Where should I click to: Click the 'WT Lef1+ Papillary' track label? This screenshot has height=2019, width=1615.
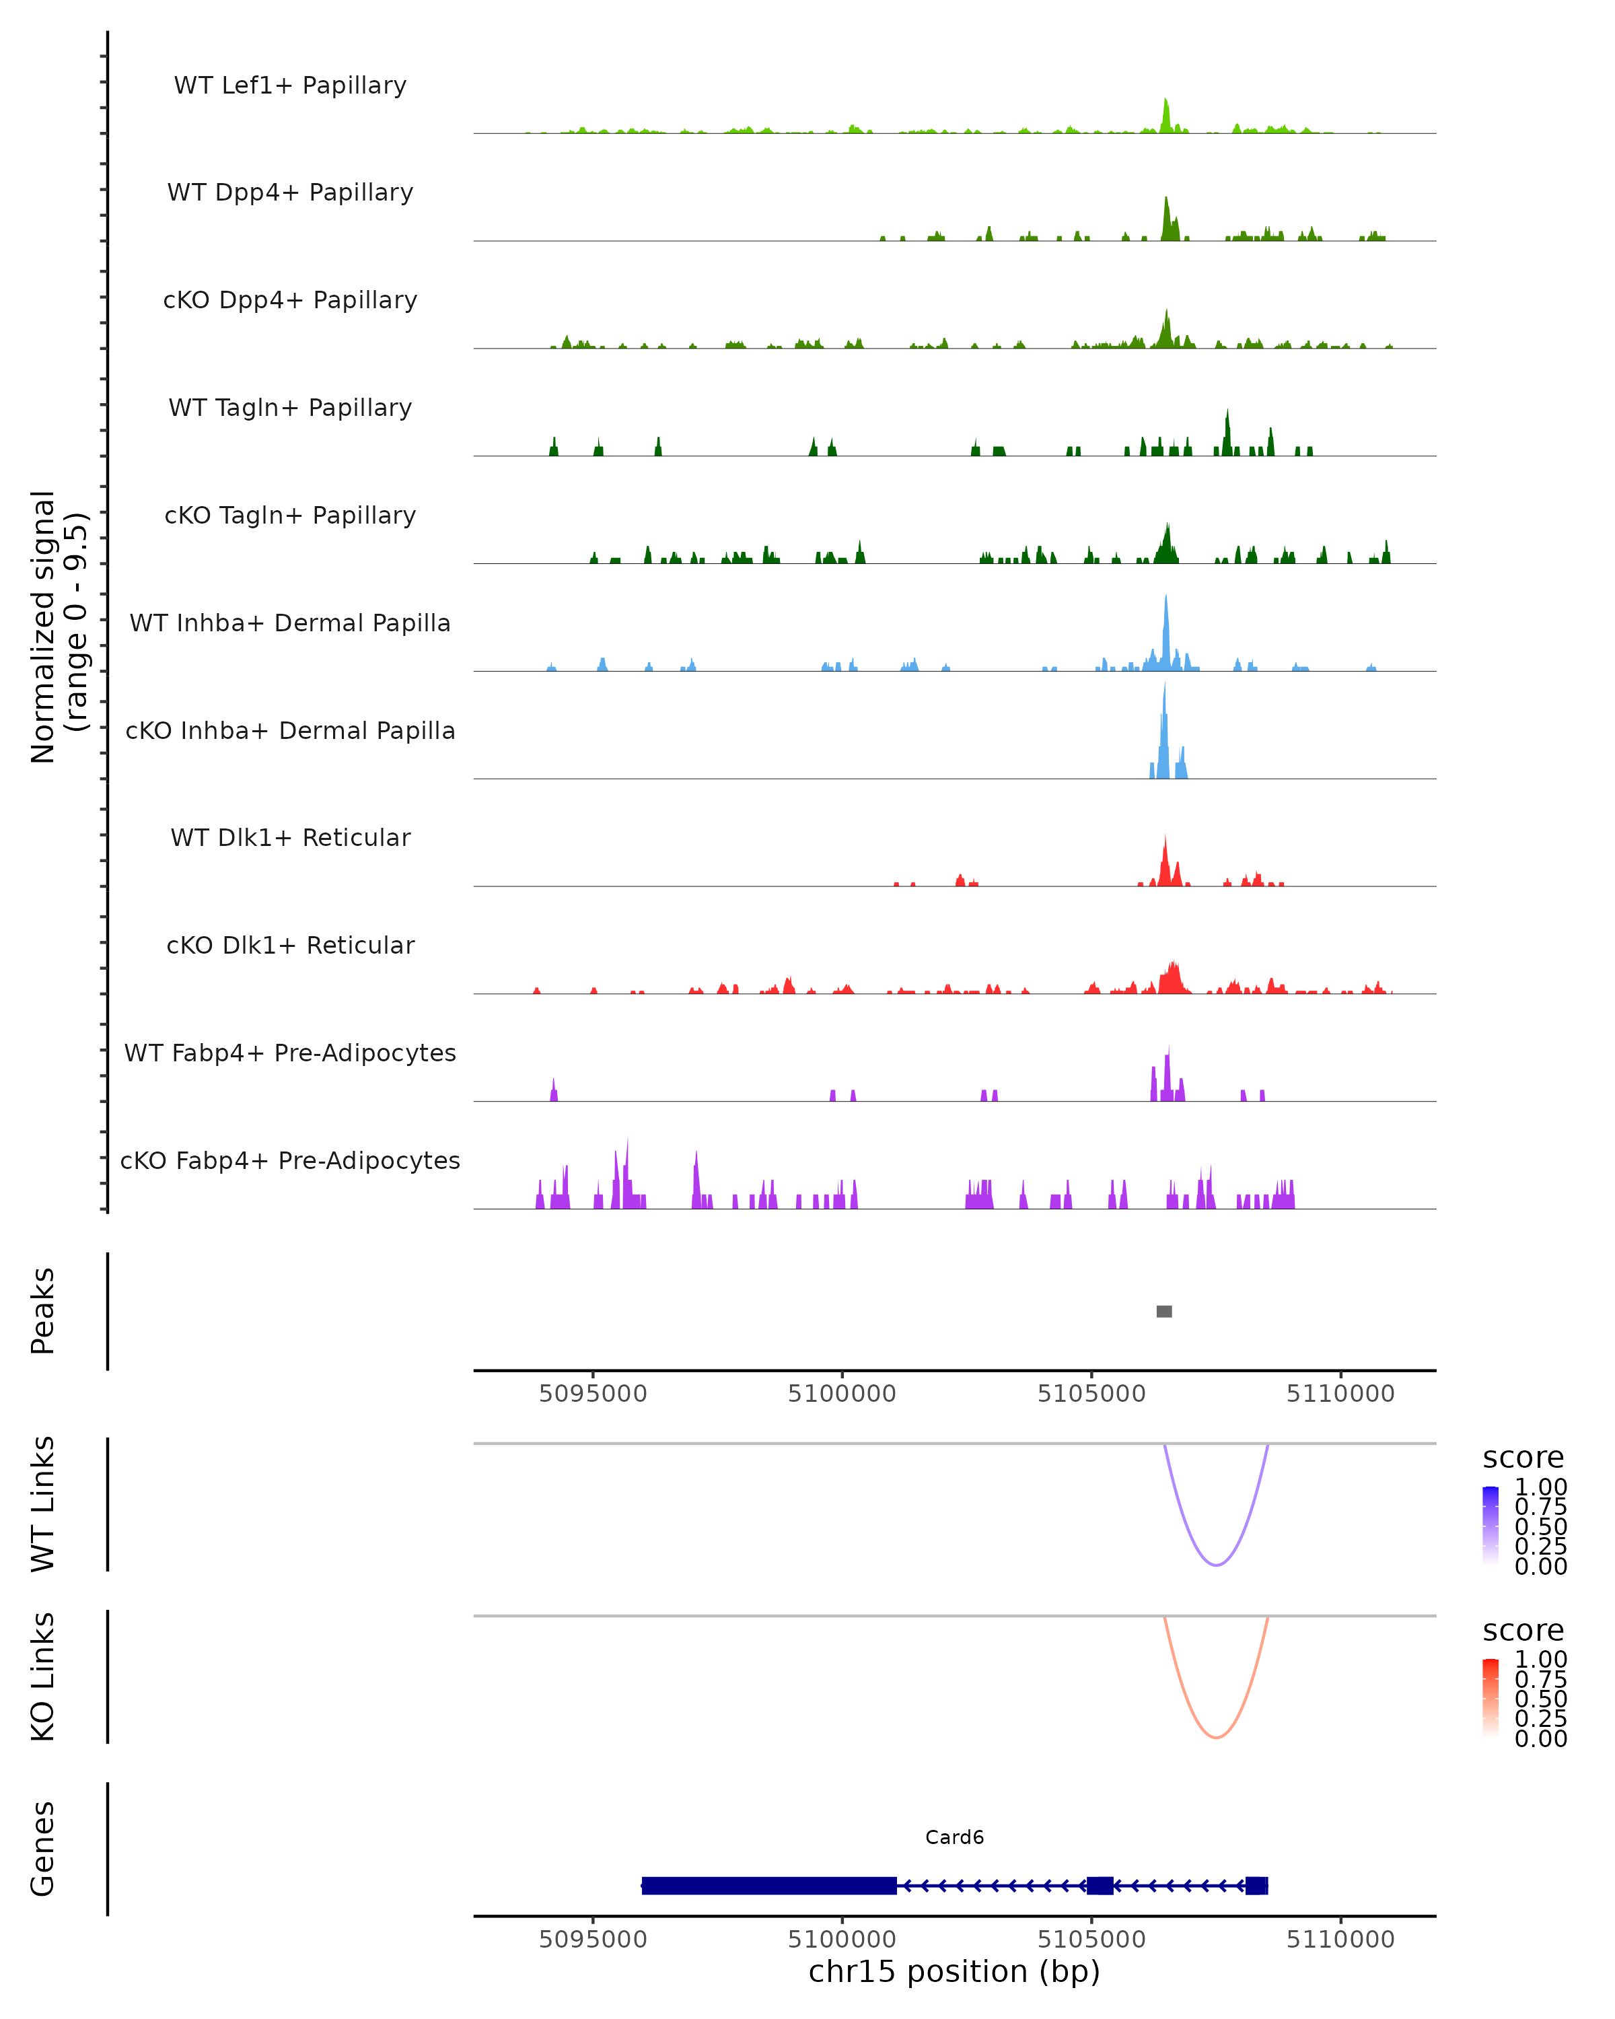pos(290,85)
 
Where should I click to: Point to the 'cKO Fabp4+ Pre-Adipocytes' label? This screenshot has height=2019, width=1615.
pos(290,1160)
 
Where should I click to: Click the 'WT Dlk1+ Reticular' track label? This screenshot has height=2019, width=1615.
pos(290,837)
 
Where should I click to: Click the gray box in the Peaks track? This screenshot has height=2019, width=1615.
pos(1163,1311)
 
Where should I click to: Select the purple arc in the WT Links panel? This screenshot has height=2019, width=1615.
pos(1215,1565)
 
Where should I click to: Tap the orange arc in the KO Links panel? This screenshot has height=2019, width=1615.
pos(1215,1737)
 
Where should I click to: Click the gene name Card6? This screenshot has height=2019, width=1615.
pos(954,1837)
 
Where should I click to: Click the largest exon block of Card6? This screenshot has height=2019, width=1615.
pos(768,1885)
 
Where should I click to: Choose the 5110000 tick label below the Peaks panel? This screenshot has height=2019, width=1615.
pos(1340,1394)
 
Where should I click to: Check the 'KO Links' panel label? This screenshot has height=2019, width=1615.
pos(43,1676)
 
